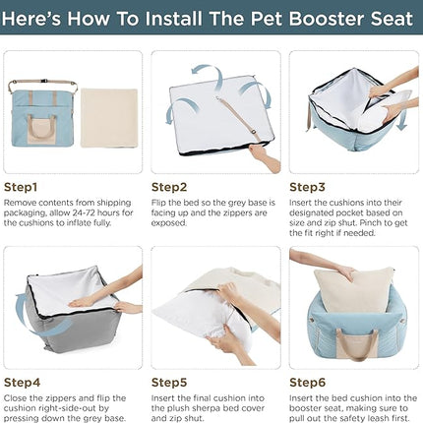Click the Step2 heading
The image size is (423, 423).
coord(170,185)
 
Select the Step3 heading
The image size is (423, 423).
coord(309,185)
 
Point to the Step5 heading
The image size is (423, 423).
coord(170,380)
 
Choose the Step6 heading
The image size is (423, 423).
coord(309,380)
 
